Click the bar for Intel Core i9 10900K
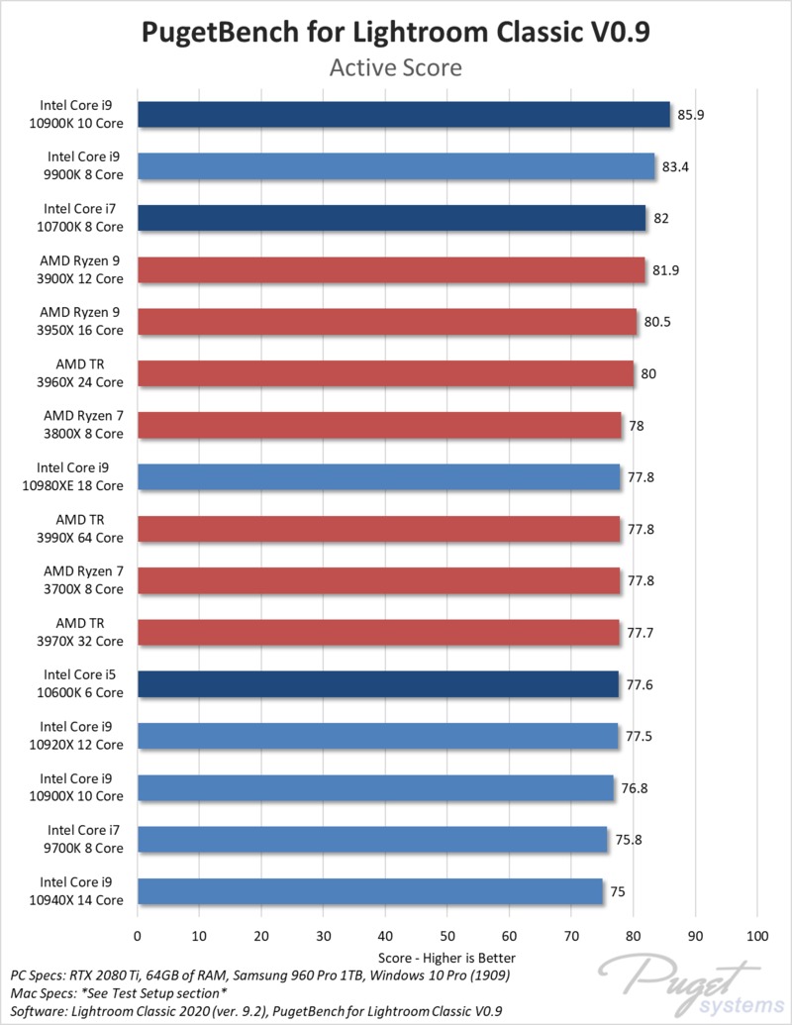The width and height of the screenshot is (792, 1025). [x=403, y=115]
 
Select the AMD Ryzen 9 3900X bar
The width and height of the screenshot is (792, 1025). [x=391, y=270]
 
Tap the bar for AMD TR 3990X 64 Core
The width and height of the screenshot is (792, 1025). [x=378, y=529]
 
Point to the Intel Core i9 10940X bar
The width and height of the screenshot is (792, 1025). [x=369, y=891]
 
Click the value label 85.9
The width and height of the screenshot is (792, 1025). [x=691, y=115]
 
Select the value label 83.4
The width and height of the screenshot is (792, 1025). [x=675, y=166]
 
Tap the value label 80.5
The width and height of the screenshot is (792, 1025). [x=657, y=322]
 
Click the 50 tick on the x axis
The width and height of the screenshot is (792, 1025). [x=447, y=935]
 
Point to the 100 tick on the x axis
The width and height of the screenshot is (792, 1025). [x=757, y=935]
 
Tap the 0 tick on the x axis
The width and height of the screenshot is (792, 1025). [x=138, y=935]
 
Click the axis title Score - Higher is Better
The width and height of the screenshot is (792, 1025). [x=447, y=958]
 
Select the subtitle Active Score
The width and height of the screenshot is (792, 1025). [x=396, y=68]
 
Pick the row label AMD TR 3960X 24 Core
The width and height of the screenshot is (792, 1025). [x=83, y=373]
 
